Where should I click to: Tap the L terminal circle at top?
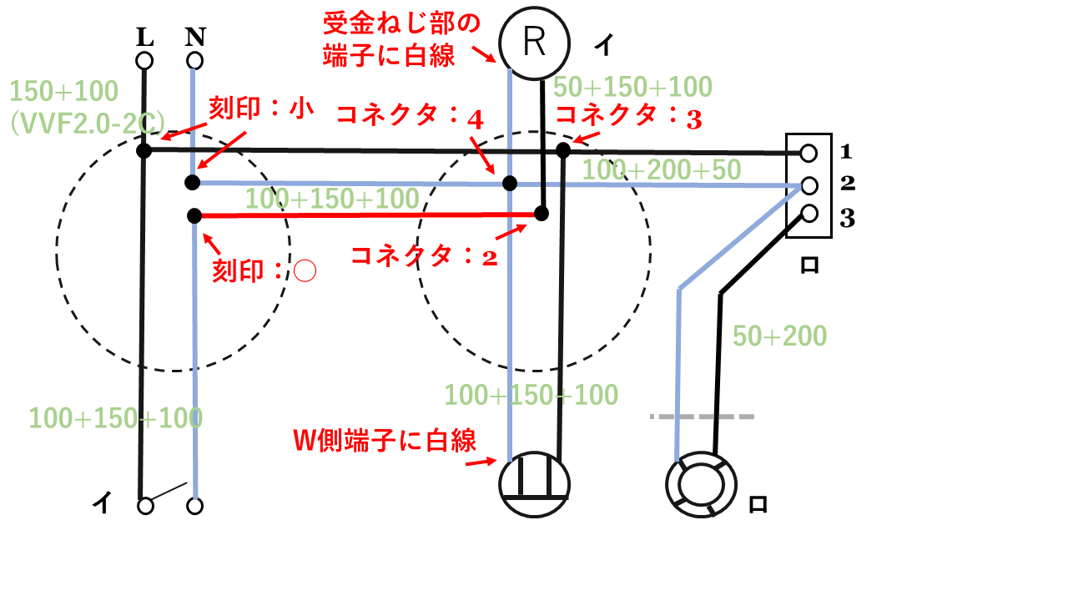pos(144,61)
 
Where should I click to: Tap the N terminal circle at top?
pos(194,61)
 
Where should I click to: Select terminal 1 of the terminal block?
pos(808,153)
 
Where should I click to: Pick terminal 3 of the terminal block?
pos(808,214)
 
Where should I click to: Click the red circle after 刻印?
pos(305,271)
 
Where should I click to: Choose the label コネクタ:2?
pos(425,255)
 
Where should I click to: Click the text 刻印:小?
pos(261,109)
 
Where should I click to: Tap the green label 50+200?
pos(779,336)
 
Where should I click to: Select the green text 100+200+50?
pos(661,170)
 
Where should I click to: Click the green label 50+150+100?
pos(632,87)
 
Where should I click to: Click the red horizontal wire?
pos(367,215)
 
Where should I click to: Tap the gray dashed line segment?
pos(702,416)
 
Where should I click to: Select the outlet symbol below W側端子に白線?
pos(534,487)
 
